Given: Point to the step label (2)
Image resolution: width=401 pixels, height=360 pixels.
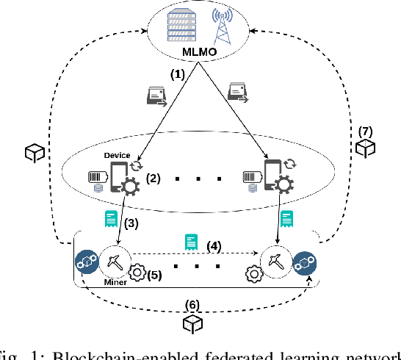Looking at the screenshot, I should click(154, 178).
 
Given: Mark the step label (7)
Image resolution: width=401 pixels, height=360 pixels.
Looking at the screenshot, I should click(366, 132).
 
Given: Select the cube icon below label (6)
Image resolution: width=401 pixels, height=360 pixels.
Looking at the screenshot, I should click(193, 324).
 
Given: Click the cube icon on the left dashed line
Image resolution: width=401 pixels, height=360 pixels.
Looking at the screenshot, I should click(35, 153).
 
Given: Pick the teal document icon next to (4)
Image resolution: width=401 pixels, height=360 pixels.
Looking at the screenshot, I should click(190, 241).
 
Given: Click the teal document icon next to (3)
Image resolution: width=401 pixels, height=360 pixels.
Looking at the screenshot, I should click(111, 217).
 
